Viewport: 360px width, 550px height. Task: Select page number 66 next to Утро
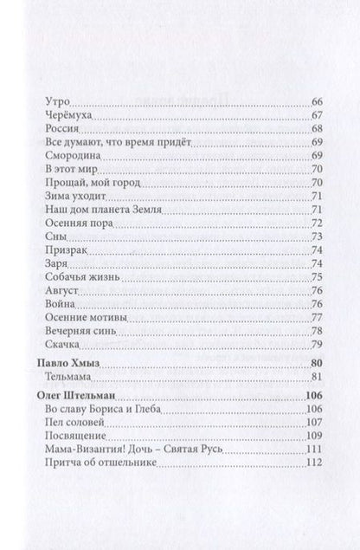tap(315, 102)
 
